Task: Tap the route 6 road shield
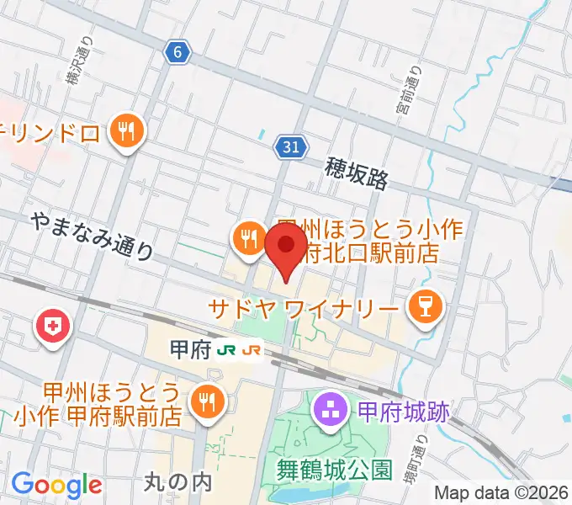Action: tap(177, 53)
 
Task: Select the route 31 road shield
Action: tap(289, 147)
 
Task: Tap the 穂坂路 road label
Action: tap(357, 176)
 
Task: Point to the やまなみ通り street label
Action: tap(93, 235)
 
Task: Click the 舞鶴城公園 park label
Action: tap(335, 469)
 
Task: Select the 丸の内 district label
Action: tap(177, 481)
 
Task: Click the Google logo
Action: tap(56, 484)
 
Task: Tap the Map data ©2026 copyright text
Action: tap(501, 493)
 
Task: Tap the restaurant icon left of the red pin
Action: tap(247, 239)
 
